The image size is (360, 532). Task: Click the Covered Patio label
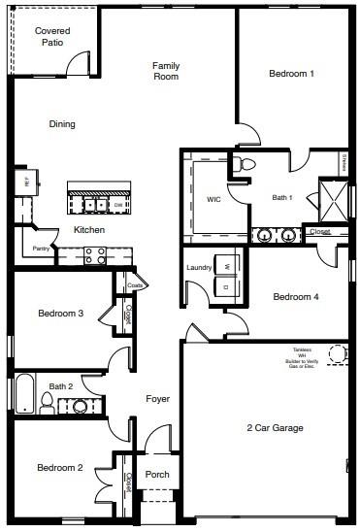click(x=51, y=37)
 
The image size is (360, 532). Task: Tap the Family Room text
click(x=166, y=71)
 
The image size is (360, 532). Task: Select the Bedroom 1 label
click(x=291, y=74)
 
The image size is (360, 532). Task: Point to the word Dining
click(x=62, y=124)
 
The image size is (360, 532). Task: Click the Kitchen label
click(x=89, y=230)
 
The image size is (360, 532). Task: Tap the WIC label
click(x=213, y=199)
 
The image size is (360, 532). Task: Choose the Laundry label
click(x=199, y=267)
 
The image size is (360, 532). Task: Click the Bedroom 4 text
click(x=295, y=297)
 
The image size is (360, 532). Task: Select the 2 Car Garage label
click(x=274, y=428)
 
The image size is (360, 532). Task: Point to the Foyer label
click(x=158, y=399)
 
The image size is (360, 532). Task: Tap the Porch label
click(x=157, y=475)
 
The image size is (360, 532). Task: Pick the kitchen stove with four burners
click(x=96, y=255)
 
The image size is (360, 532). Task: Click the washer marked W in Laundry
click(x=226, y=265)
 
